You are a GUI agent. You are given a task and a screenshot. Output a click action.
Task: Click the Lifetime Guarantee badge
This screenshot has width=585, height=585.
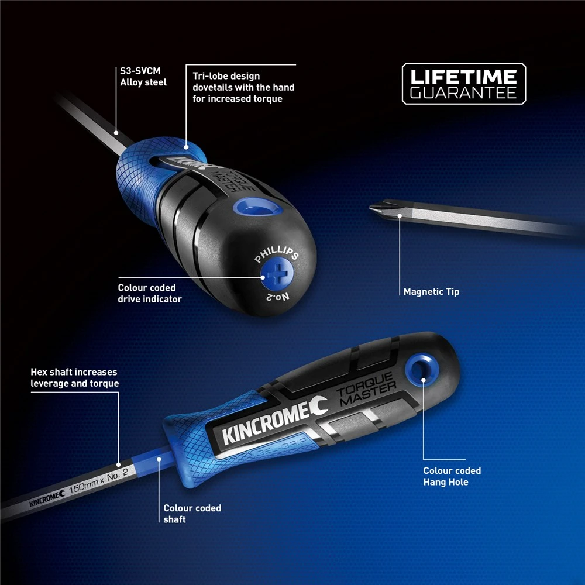coord(463,84)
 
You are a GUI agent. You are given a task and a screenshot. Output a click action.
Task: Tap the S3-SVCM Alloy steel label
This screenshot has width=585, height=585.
coord(143,77)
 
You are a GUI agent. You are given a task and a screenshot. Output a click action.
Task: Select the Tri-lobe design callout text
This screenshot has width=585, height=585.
coord(243,87)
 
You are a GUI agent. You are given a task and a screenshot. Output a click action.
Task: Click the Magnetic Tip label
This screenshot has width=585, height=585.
coord(431,291)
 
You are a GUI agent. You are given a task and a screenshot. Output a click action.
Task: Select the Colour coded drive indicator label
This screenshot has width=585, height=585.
coord(149,293)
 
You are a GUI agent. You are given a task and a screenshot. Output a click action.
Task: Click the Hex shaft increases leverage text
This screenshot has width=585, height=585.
coord(74,377)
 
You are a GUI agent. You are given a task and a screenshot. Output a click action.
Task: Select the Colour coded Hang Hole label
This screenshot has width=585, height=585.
coord(452,476)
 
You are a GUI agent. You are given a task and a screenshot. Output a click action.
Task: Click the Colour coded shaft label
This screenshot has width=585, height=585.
coord(192,514)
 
